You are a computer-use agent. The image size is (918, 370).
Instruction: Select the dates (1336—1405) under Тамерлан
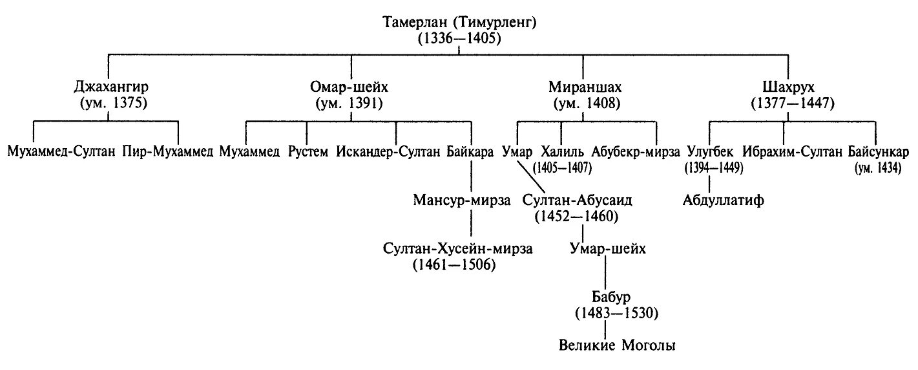(459, 38)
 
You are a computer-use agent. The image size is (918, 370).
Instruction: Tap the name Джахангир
(110, 87)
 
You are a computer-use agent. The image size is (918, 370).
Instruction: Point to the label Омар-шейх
(352, 87)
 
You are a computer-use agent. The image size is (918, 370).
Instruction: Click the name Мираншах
(583, 87)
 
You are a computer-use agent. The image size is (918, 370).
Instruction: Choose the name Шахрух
(789, 87)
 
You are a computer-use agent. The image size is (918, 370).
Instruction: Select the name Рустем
(308, 153)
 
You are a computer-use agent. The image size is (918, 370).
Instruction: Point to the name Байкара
(470, 153)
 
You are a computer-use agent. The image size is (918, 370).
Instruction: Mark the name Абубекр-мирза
(636, 153)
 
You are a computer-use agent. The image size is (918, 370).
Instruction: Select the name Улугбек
(711, 153)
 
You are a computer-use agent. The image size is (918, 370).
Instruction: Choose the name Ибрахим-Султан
(793, 153)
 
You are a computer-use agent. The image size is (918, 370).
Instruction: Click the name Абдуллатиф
(723, 200)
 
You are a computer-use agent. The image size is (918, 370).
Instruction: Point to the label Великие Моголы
(617, 345)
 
